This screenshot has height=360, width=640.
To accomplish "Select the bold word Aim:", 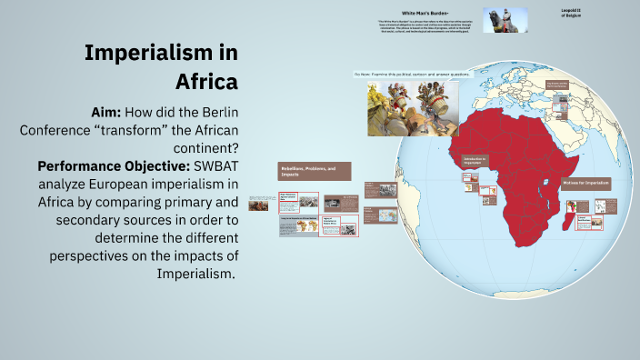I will pyautogui.click(x=113, y=112).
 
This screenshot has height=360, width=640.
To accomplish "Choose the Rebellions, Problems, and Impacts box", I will pyautogui.click(x=314, y=172).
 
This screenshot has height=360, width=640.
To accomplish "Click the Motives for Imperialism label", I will pyautogui.click(x=585, y=183).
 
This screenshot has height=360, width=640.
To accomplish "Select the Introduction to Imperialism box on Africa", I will pyautogui.click(x=475, y=160).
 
